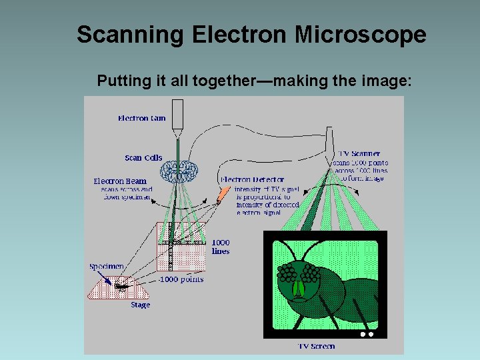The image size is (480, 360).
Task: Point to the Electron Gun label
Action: pos(141,119)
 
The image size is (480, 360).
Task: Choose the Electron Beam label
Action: pos(120,181)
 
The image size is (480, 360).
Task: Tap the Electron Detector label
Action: pos(253,179)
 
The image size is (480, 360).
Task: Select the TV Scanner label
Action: pos(360,154)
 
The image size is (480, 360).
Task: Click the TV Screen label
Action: pos(317,346)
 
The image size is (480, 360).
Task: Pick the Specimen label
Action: pos(107,267)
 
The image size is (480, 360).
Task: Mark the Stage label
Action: pos(140,305)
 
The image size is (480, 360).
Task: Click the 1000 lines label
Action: pos(221,247)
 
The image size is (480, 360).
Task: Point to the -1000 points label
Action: pos(181,279)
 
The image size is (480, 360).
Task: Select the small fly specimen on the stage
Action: pos(121,286)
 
